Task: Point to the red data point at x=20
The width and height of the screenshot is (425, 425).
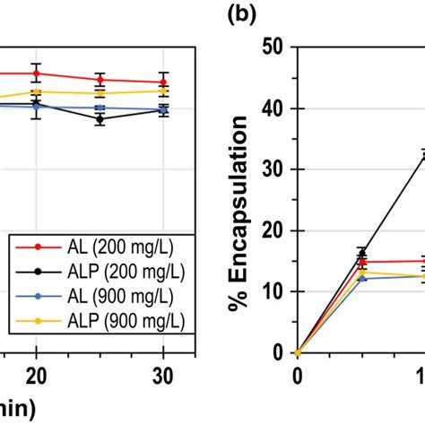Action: tap(36, 74)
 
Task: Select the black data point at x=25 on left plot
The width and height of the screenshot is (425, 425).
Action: tap(100, 118)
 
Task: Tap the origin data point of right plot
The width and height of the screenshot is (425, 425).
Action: tap(297, 352)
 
